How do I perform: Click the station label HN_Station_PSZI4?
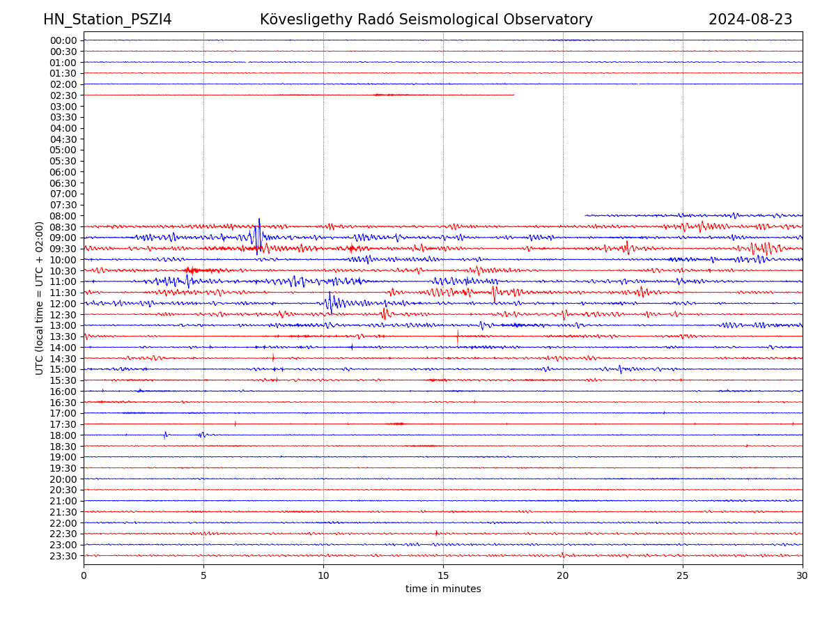pos(107,20)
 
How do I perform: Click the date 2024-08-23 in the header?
pos(750,20)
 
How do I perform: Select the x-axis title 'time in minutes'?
pos(443,589)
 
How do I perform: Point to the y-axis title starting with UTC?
pos(40,298)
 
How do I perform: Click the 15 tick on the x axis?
pos(443,576)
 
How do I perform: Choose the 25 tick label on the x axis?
pos(683,576)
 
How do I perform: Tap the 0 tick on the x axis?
pos(84,576)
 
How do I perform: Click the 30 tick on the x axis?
pos(803,576)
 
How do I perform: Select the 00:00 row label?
pos(63,40)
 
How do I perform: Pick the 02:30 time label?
pos(63,95)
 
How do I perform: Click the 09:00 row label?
pos(63,238)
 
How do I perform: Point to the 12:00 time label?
pos(63,304)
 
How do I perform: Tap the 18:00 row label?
pos(63,435)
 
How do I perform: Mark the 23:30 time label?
pos(63,556)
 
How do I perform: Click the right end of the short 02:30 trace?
pos(514,95)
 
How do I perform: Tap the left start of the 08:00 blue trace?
pos(586,215)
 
